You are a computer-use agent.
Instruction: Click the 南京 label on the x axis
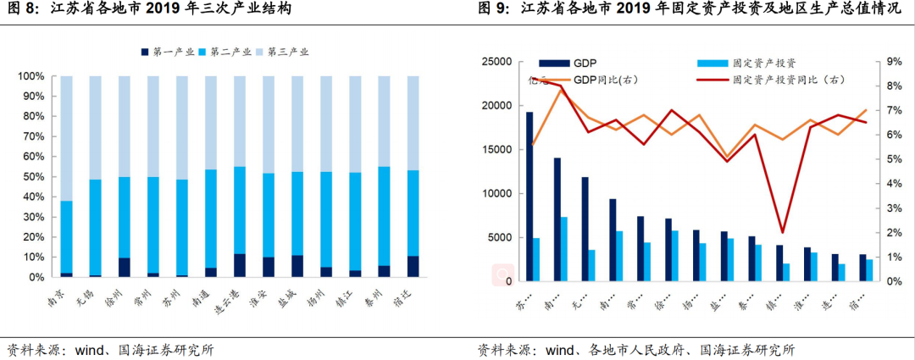(60, 296)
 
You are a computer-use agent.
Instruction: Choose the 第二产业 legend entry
(226, 53)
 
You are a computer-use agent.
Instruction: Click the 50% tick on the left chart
(31, 177)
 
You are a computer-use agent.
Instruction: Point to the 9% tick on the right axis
(894, 62)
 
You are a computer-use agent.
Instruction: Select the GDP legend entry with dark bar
(568, 63)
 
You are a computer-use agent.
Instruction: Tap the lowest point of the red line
(782, 232)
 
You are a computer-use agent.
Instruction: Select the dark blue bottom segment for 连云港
(240, 265)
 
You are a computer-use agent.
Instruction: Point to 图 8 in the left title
(23, 10)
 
